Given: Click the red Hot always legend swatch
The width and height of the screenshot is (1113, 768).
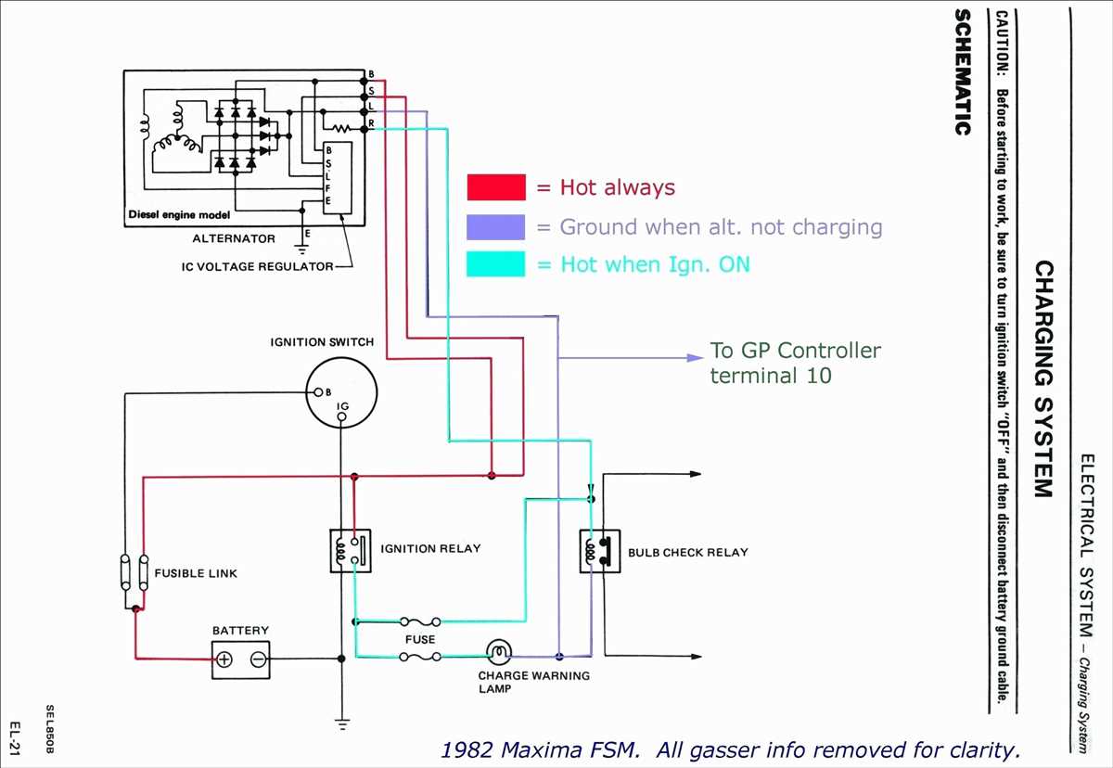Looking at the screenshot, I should tap(496, 187).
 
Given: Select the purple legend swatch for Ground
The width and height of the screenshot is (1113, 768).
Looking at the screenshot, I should tap(496, 226).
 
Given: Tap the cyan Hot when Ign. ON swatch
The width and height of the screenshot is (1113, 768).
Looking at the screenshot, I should tap(496, 264).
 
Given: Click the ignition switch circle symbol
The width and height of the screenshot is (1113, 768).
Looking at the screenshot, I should tap(341, 393).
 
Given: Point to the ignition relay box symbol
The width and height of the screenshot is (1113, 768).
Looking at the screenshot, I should tap(351, 550).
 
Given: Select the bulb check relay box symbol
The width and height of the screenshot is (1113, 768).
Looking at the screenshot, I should tap(599, 551).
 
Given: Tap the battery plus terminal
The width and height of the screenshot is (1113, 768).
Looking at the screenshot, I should tap(224, 659).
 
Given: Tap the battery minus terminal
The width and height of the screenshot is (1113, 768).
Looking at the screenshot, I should tap(258, 659).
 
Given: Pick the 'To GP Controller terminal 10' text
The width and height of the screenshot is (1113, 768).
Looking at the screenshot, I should tap(795, 363).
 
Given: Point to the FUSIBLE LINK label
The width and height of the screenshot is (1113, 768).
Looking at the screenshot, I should tap(196, 573).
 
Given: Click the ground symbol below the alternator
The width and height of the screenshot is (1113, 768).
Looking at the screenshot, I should tap(301, 247).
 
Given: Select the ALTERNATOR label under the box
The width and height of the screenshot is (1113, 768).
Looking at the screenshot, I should tap(234, 238).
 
